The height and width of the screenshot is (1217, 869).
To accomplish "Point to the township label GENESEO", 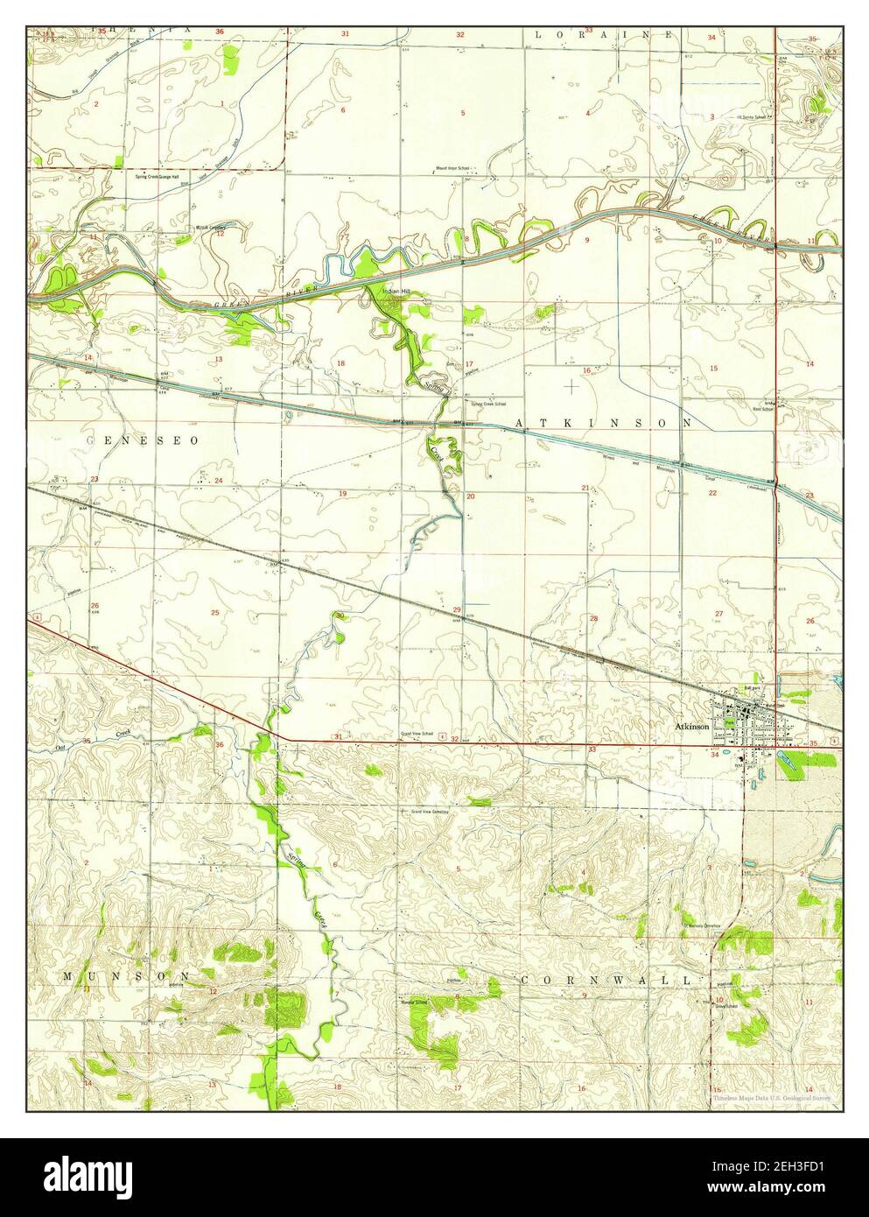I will pyautogui.click(x=144, y=440).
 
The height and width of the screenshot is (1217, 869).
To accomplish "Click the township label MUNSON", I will pyautogui.click(x=124, y=974).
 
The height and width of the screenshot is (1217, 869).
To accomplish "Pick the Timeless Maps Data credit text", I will pyautogui.click(x=770, y=1096).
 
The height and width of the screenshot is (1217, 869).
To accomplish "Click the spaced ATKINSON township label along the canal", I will pyautogui.click(x=604, y=423).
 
